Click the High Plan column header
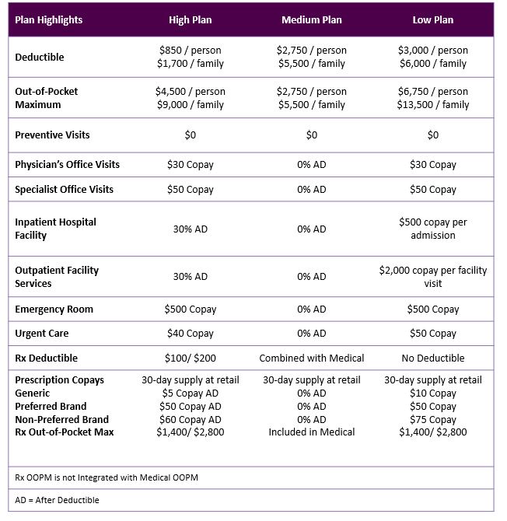pos(190,19)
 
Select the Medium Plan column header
pos(311,19)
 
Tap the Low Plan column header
pos(432,19)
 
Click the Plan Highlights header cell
pos(48,19)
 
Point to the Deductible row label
pos(40,57)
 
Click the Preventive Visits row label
pos(52,135)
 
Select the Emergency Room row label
pos(54,309)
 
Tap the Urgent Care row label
pos(42,333)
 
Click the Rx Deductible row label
pos(46,358)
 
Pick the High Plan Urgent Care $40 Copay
pos(190,333)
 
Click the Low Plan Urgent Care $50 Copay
pos(432,333)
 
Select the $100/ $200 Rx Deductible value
pos(190,358)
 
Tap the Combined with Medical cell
pos(311,358)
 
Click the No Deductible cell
pos(432,358)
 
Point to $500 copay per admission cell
pos(432,229)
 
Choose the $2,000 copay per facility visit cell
pos(432,277)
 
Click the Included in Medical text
pos(311,432)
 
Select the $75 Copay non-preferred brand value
pos(432,419)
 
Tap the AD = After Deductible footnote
pos(57,500)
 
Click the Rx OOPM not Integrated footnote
pos(107,477)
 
